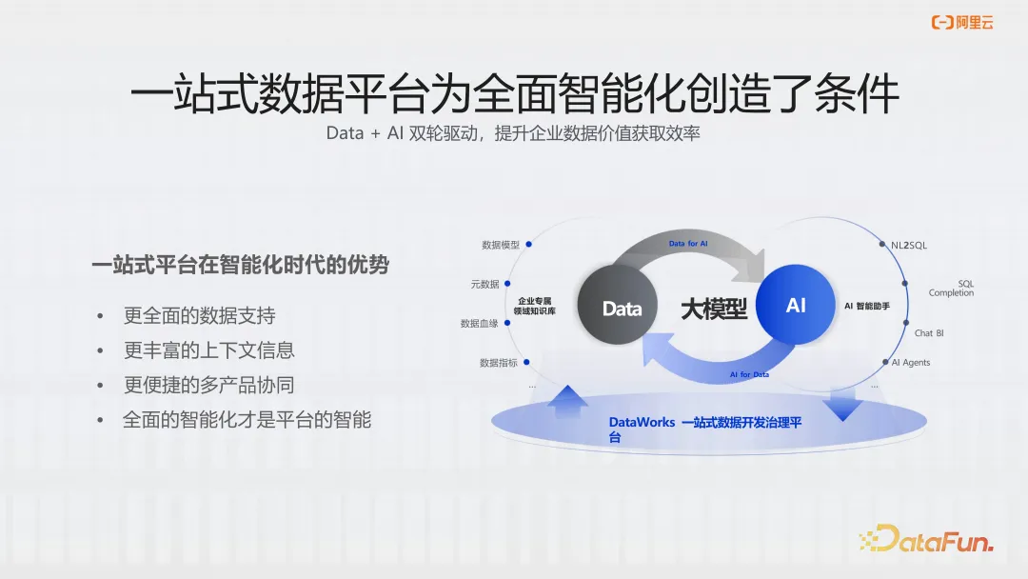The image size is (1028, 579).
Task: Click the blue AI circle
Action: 796,305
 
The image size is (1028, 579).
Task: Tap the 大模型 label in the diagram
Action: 714,308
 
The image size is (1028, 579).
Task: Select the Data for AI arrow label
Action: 688,245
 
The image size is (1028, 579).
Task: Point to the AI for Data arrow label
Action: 749,374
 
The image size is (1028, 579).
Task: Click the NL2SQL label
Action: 909,245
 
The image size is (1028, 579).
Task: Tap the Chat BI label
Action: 929,333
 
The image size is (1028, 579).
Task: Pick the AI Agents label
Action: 911,362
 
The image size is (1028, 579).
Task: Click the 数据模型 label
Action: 501,245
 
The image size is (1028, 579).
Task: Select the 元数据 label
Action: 484,284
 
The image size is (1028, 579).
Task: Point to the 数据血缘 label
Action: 480,324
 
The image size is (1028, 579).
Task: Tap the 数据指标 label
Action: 499,363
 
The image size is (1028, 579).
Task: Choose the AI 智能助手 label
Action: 867,307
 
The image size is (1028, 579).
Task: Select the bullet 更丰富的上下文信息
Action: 209,349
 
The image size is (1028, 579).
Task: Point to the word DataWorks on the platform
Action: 642,422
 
